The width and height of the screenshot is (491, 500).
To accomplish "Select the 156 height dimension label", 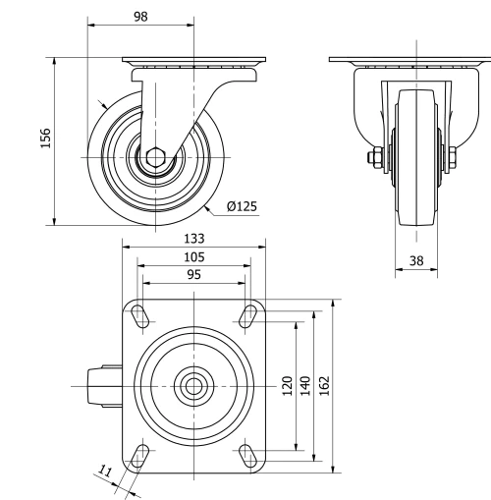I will pyautogui.click(x=45, y=139).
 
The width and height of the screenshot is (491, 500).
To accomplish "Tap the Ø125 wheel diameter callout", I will pyautogui.click(x=242, y=206).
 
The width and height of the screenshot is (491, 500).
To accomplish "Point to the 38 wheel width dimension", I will pyautogui.click(x=416, y=261).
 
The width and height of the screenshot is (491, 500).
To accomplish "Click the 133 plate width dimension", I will pyautogui.click(x=193, y=239).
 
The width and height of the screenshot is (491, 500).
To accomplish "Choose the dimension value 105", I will pyautogui.click(x=193, y=257).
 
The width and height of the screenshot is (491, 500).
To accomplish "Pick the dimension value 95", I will pyautogui.click(x=193, y=275).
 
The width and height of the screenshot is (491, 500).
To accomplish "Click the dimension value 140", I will pyautogui.click(x=305, y=385).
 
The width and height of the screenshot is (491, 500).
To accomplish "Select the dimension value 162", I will pyautogui.click(x=325, y=385).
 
